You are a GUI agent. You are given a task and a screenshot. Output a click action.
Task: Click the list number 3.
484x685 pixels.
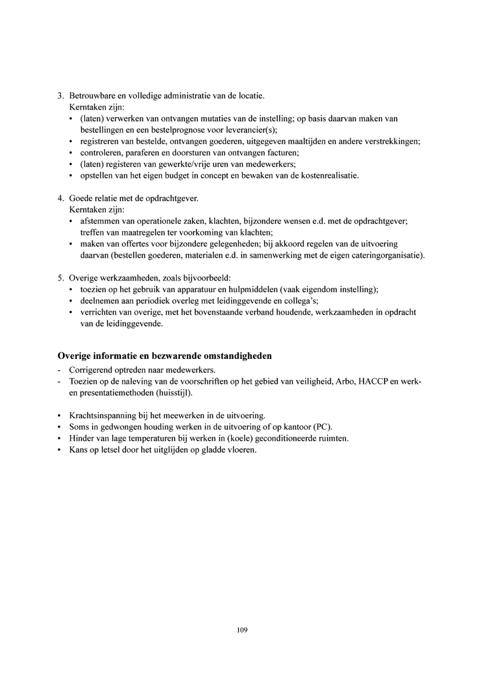pos(60,96)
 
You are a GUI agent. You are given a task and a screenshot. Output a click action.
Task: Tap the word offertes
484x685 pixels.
pos(134,244)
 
